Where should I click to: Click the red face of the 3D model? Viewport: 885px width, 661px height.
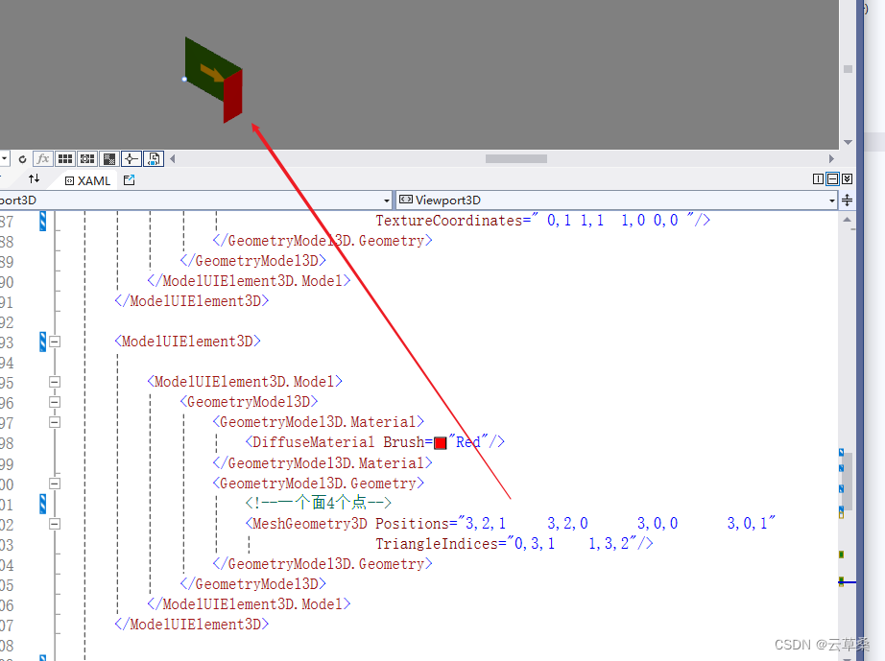click(x=233, y=97)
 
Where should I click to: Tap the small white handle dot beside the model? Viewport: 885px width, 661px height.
click(x=184, y=79)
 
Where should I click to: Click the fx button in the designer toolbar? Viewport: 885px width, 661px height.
click(x=42, y=158)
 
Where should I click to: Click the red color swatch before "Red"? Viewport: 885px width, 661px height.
click(x=441, y=443)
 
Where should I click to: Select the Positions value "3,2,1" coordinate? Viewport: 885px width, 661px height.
click(x=486, y=524)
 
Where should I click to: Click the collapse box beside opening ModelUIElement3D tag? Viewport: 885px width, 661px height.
click(x=55, y=342)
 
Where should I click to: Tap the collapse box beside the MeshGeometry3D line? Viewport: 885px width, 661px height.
click(x=55, y=524)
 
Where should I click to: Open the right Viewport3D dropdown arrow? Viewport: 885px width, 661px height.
click(x=831, y=201)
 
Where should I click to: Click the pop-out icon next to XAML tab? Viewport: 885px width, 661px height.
click(x=129, y=180)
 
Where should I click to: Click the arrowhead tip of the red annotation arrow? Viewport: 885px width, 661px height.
click(x=254, y=124)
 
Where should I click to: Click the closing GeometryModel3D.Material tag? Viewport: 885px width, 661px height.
click(x=322, y=463)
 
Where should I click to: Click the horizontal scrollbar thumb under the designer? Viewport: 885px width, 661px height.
click(x=515, y=158)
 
